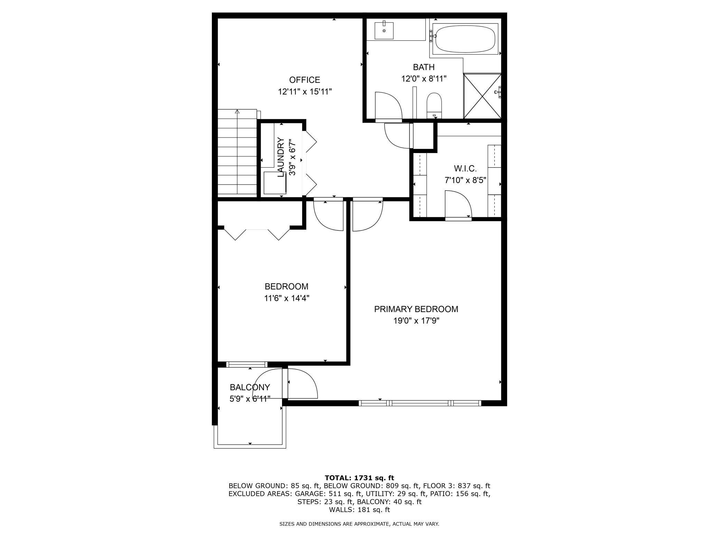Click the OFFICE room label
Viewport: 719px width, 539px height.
coord(305,80)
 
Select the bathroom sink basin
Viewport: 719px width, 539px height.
coord(384,30)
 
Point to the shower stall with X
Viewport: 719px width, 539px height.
coord(482,96)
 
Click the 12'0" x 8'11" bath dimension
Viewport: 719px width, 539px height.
coord(423,79)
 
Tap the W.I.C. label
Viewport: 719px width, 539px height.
coord(465,169)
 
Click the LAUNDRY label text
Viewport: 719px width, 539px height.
coord(281,157)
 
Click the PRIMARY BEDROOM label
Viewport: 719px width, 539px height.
coord(416,309)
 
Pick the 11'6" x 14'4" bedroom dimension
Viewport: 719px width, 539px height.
coord(287,298)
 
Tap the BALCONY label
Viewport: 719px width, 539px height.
coord(250,387)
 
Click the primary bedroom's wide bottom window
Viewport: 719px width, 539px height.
coord(420,403)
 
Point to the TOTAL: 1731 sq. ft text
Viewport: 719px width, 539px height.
coord(359,478)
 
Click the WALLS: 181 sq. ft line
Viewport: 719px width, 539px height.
coord(359,510)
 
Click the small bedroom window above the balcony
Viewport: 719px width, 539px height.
coord(247,364)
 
